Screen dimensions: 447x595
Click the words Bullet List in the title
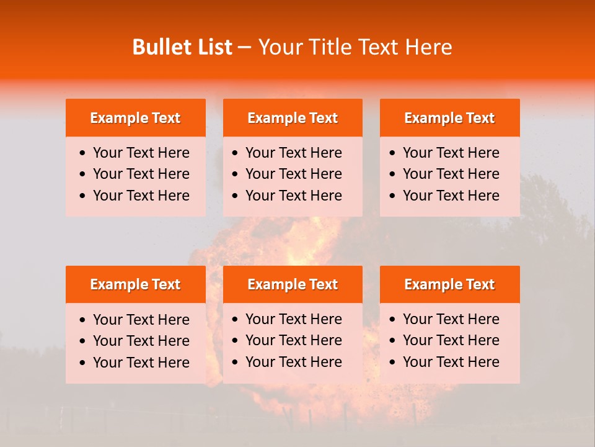point(182,47)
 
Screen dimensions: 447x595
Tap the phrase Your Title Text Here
point(355,47)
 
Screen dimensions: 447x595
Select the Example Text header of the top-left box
point(135,118)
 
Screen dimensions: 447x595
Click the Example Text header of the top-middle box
point(293,118)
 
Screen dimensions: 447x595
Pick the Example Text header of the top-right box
point(449,118)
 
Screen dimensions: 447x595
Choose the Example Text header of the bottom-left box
point(135,284)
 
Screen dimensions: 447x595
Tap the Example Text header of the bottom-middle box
point(293,284)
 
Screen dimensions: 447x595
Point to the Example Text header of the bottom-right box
point(449,284)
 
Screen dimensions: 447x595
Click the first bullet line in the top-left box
point(141,153)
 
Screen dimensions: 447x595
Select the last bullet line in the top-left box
point(141,196)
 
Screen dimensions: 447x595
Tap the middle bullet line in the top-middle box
point(293,174)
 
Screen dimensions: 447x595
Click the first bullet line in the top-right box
point(451,153)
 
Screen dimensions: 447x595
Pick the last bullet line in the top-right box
point(451,196)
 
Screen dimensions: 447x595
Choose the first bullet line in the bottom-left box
point(141,320)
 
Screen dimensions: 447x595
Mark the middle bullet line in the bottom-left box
point(141,341)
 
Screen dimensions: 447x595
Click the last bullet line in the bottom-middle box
point(293,362)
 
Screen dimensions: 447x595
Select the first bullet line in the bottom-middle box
point(293,319)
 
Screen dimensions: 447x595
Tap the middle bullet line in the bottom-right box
point(451,340)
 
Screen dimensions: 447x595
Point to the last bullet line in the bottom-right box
point(451,362)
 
